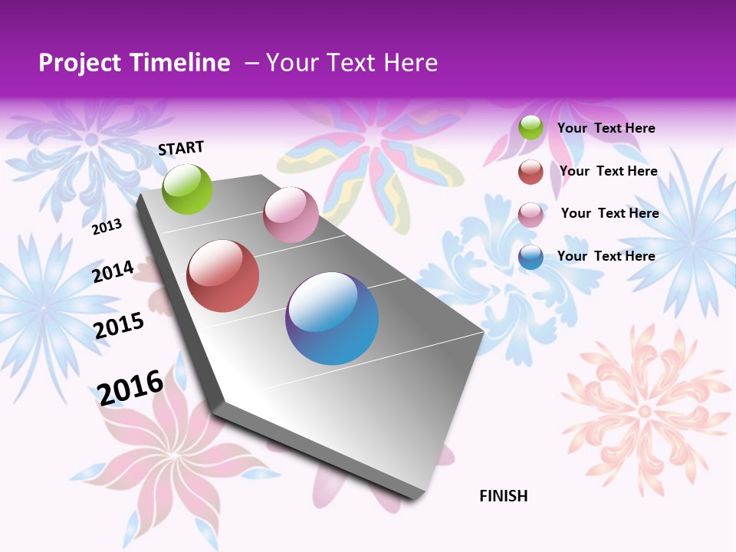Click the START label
pos(181,148)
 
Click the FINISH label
pos(503,496)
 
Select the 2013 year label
pos(107,227)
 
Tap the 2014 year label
pos(113,271)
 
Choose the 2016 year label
pos(130,387)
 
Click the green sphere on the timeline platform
pos(188,189)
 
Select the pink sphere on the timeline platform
pos(291,215)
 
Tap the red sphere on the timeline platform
pos(223,276)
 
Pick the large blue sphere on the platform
pos(332,318)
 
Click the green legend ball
pos(531,128)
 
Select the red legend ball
pos(531,172)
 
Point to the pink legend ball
pos(531,215)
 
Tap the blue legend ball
pos(531,257)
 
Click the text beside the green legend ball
pos(606,128)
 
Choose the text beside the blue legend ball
pos(606,256)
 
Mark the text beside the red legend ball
pos(608,171)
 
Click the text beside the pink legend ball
pos(609,213)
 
